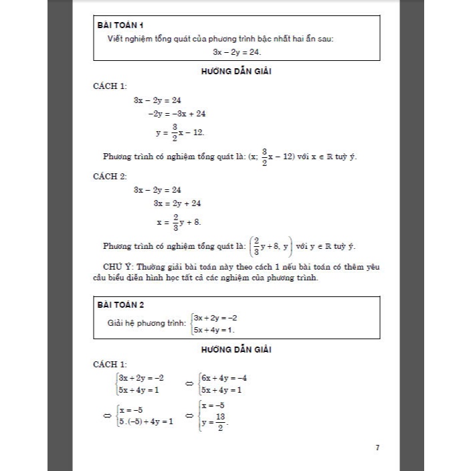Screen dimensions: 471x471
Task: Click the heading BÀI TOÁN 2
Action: pos(120,305)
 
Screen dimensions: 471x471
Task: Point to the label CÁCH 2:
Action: pos(110,176)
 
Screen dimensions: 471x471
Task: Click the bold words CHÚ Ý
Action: pos(123,266)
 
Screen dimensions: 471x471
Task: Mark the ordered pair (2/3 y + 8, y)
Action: pos(271,246)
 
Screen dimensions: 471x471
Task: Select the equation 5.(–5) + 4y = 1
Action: pos(145,421)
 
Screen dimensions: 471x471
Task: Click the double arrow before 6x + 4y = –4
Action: pos(189,383)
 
